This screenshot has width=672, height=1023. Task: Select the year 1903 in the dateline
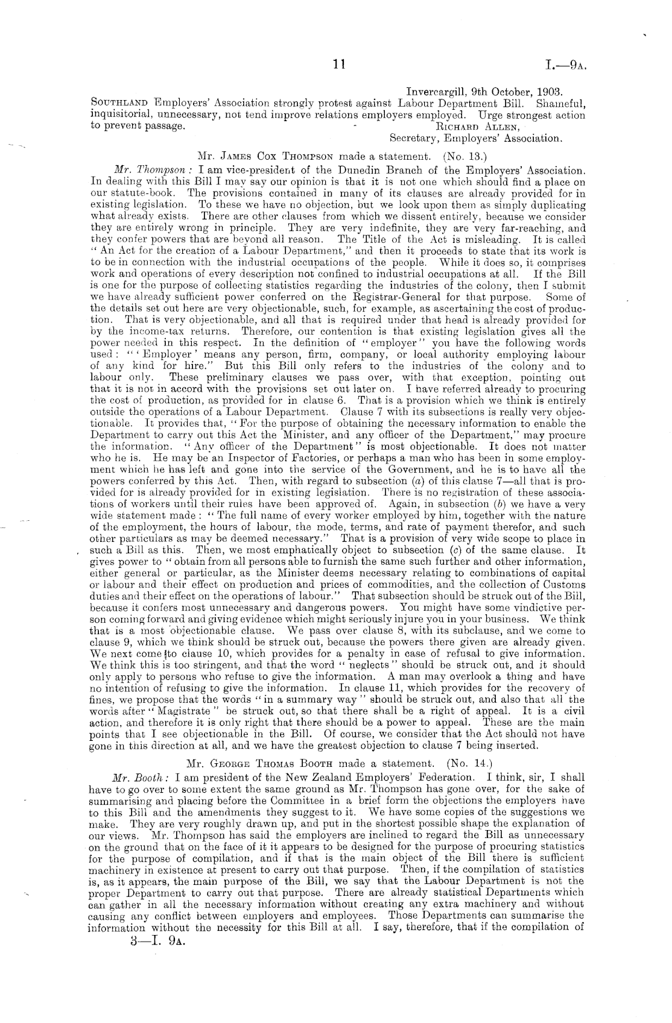tap(548, 92)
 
